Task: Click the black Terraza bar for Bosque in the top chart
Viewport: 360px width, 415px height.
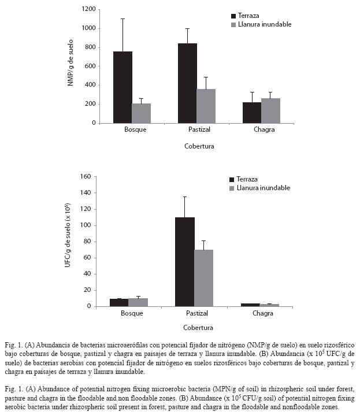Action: (x=123, y=87)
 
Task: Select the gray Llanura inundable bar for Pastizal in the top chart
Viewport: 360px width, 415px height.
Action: (x=206, y=106)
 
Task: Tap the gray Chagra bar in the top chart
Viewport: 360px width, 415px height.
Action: (x=270, y=110)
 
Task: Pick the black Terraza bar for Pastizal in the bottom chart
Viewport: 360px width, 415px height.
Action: (x=185, y=262)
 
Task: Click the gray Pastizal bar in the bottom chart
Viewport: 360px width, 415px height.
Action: (x=203, y=278)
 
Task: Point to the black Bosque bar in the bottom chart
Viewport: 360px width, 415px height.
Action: (x=119, y=302)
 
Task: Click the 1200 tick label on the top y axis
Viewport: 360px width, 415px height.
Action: (x=88, y=9)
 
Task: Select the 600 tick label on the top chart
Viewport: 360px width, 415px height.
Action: (x=90, y=66)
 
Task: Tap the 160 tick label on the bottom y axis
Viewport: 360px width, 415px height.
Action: (x=86, y=176)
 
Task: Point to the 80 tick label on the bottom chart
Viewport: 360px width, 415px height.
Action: (x=87, y=242)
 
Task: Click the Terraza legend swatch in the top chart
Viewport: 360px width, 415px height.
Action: (x=233, y=16)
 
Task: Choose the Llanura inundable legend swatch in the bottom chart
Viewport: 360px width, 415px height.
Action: (x=232, y=188)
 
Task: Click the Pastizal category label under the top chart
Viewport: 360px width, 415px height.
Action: (x=199, y=129)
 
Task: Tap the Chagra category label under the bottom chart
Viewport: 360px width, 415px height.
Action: (x=263, y=313)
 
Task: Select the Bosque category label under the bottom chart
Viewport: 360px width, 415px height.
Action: (x=132, y=313)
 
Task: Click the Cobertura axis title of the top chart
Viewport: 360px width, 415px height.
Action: (x=199, y=146)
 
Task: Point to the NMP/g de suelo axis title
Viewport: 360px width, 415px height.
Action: (x=70, y=63)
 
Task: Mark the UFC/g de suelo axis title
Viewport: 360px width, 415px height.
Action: (x=68, y=235)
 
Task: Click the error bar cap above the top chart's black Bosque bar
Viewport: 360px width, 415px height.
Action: (x=123, y=19)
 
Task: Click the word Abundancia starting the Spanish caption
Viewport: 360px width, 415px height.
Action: (x=49, y=345)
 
